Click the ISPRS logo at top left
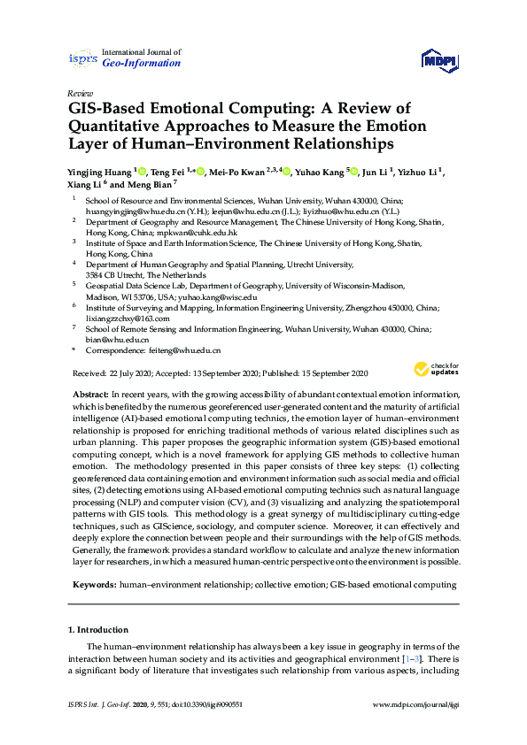82,58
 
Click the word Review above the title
79,93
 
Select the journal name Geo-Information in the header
142,64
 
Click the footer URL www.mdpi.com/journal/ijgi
415,704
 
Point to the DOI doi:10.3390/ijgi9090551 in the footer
199,704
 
